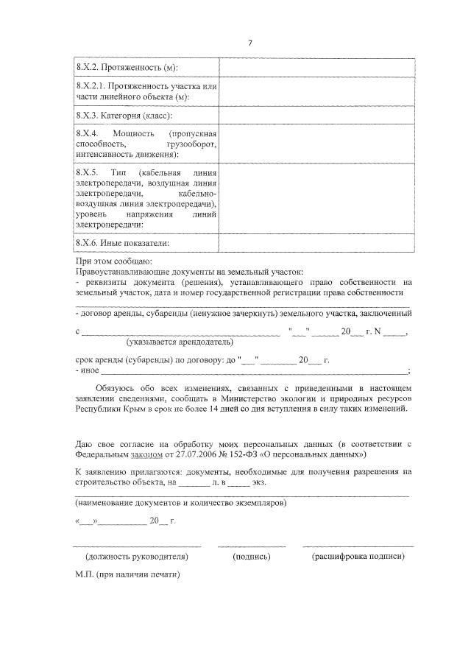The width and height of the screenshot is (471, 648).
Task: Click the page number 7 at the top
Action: pos(249,43)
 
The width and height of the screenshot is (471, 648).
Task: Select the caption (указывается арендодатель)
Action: pos(180,342)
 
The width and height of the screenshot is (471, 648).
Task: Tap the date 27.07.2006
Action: pos(195,456)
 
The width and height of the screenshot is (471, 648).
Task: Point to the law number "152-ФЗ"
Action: pos(242,456)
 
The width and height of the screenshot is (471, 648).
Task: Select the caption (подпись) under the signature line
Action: pos(251,557)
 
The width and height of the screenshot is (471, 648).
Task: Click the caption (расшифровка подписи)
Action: pos(358,557)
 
